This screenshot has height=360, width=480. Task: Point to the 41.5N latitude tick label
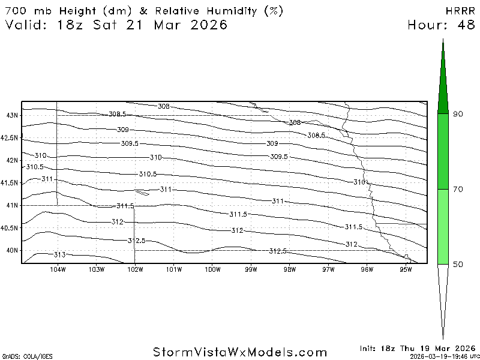click(x=10, y=183)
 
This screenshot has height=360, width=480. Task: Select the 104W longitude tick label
click(x=58, y=269)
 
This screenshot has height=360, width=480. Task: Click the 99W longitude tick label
click(x=251, y=269)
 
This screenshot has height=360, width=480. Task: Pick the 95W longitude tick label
click(x=406, y=269)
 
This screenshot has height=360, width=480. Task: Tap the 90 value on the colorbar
click(x=458, y=114)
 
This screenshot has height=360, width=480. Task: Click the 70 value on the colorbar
click(x=458, y=189)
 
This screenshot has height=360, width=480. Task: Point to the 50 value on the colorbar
click(x=458, y=264)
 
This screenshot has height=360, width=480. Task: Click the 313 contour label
click(x=59, y=255)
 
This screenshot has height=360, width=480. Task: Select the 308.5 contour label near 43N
click(x=118, y=114)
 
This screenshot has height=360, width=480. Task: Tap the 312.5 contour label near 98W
click(x=278, y=251)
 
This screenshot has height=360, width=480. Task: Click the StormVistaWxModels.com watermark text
click(x=240, y=352)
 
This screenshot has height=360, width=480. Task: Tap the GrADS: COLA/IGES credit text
click(x=20, y=356)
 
